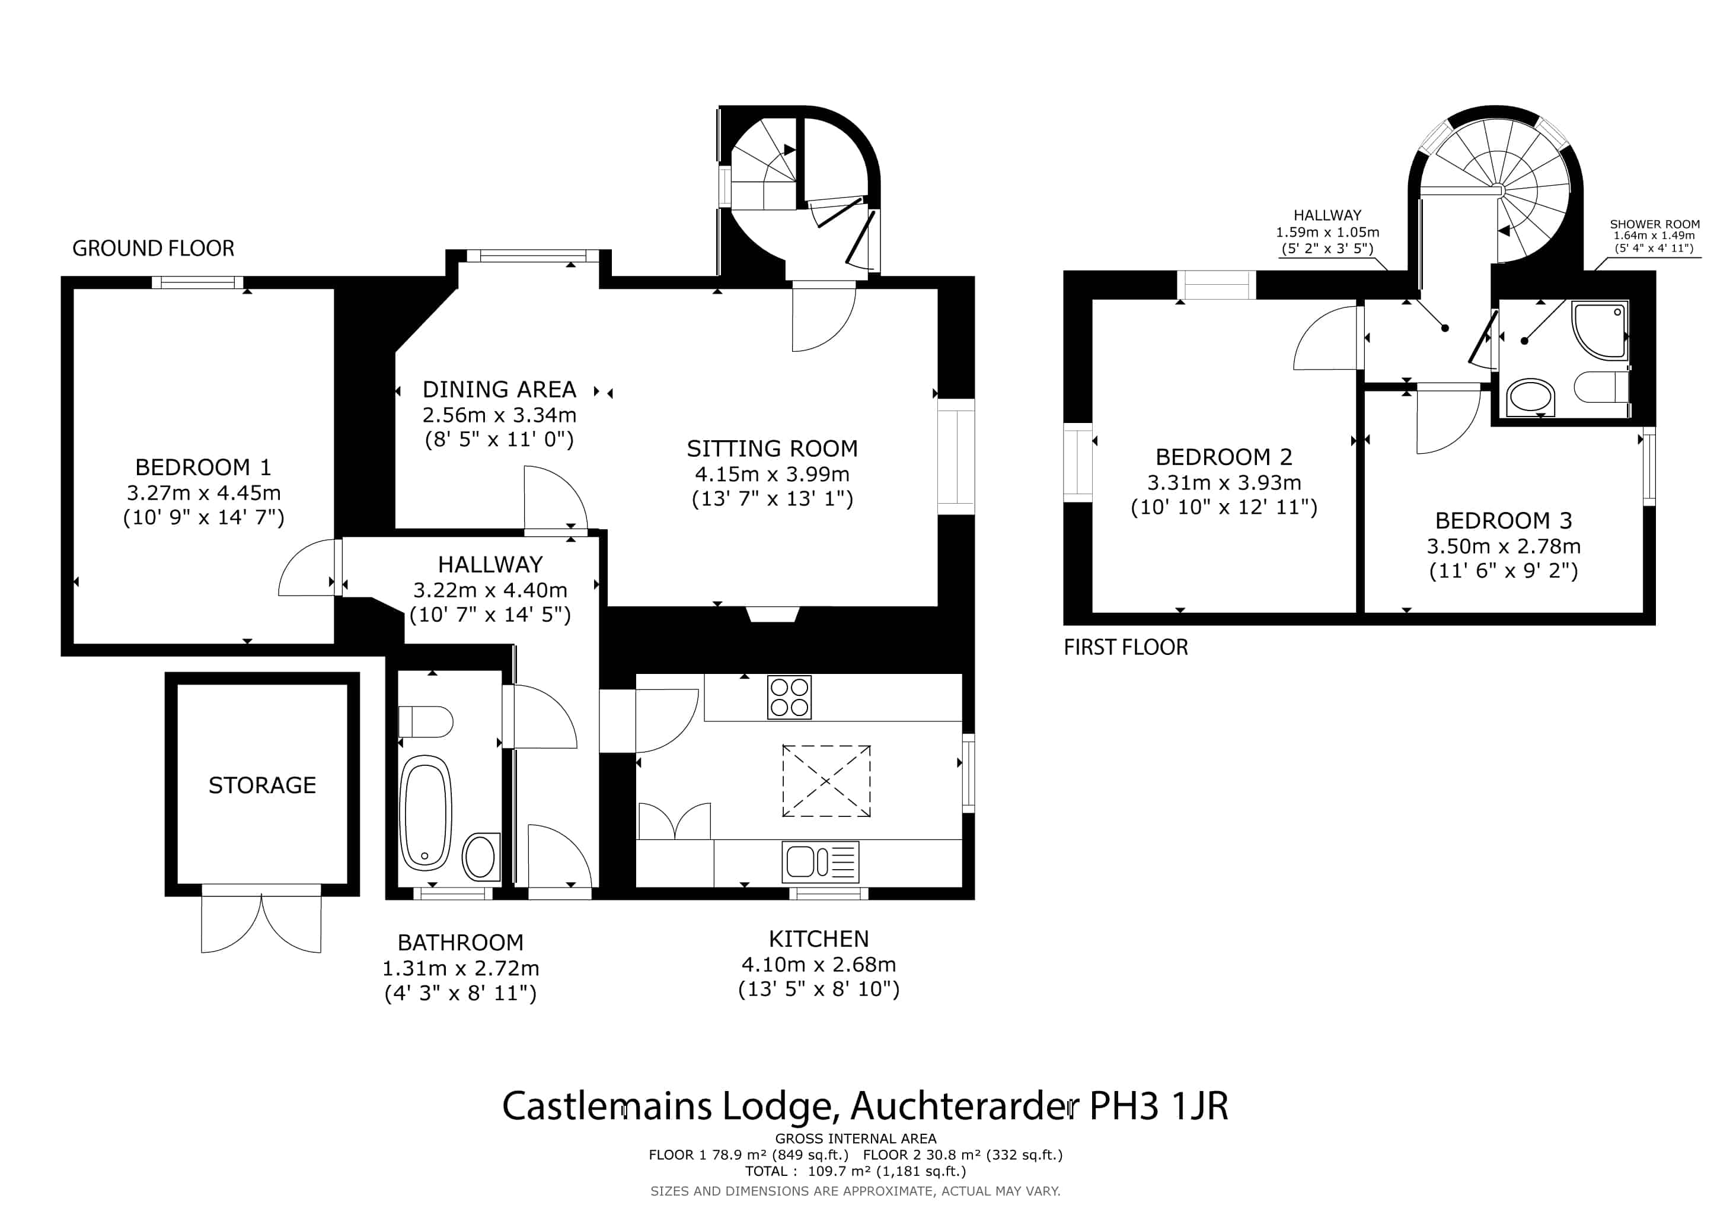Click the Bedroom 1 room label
203,467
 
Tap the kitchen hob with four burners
789,697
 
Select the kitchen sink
821,862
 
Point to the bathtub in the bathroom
426,813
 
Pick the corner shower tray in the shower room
1599,329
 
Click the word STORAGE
261,785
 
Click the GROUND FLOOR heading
154,249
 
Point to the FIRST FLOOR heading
1125,647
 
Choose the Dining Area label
499,390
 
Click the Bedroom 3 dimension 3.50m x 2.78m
1503,546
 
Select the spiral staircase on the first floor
1496,187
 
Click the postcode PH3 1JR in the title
1159,1106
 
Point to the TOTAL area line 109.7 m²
856,1172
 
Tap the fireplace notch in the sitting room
773,613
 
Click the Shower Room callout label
1654,224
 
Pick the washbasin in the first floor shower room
1530,396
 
